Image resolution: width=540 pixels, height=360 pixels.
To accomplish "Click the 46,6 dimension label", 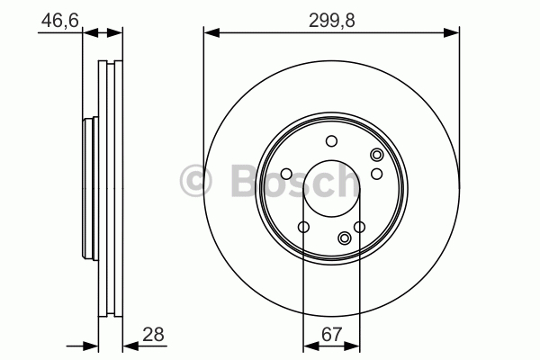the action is click(60, 21).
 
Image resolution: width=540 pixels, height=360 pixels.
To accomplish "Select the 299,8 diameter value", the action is click(331, 21).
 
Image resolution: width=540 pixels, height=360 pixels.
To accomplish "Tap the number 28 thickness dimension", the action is click(153, 334).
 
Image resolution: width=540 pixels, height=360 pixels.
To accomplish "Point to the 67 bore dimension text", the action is click(331, 334).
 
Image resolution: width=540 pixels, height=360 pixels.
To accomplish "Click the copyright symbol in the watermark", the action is click(195, 181).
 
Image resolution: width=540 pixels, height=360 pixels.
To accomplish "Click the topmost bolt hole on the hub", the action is click(331, 141).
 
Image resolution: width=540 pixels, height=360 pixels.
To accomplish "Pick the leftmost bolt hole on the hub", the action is click(286, 174).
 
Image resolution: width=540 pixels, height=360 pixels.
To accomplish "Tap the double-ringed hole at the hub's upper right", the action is click(377, 155).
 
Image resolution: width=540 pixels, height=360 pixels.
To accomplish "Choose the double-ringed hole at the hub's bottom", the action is click(345, 238).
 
